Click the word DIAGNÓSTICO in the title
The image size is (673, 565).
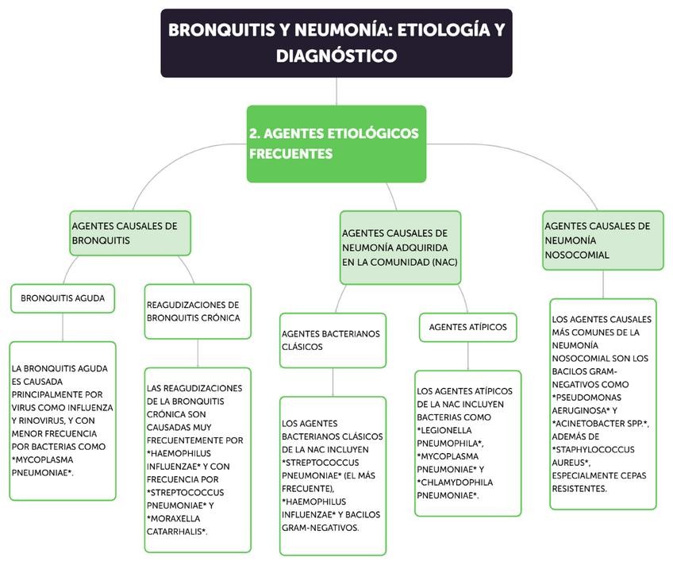[x=336, y=56]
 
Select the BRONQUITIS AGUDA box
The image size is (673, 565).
[x=63, y=298]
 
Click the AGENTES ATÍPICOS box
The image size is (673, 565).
[x=467, y=327]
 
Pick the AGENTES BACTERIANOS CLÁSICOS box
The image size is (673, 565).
[x=332, y=340]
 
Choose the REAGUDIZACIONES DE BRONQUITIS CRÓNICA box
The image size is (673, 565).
[x=197, y=311]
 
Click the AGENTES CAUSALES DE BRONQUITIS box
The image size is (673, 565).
[x=130, y=233]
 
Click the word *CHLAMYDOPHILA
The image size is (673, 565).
[x=460, y=482]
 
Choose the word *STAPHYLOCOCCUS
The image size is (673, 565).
[x=593, y=449]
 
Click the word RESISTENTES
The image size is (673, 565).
[x=579, y=488]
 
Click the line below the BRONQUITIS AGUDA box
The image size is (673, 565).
[x=63, y=327]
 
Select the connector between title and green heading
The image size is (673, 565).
[x=336, y=90]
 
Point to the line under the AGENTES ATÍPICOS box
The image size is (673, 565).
[x=467, y=356]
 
